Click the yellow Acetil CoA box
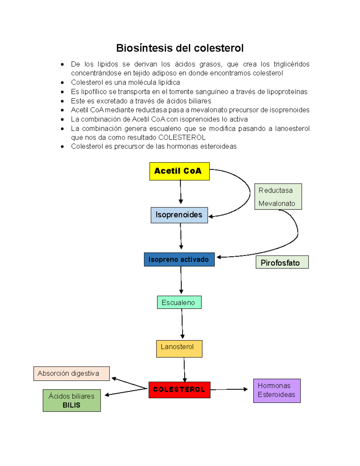(179, 171)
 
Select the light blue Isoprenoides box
(179, 215)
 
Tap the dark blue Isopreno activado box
(179, 260)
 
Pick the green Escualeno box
(179, 302)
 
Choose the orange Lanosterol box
(179, 349)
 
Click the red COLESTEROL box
(179, 390)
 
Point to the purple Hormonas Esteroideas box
(277, 390)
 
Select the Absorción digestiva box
(71, 374)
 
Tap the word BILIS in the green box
(71, 405)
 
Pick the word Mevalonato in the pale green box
(277, 203)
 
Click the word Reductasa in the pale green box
(275, 191)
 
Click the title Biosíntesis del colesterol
(180, 48)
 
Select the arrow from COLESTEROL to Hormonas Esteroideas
(229, 389)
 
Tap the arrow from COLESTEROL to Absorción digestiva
(129, 383)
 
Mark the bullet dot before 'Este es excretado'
(62, 101)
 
